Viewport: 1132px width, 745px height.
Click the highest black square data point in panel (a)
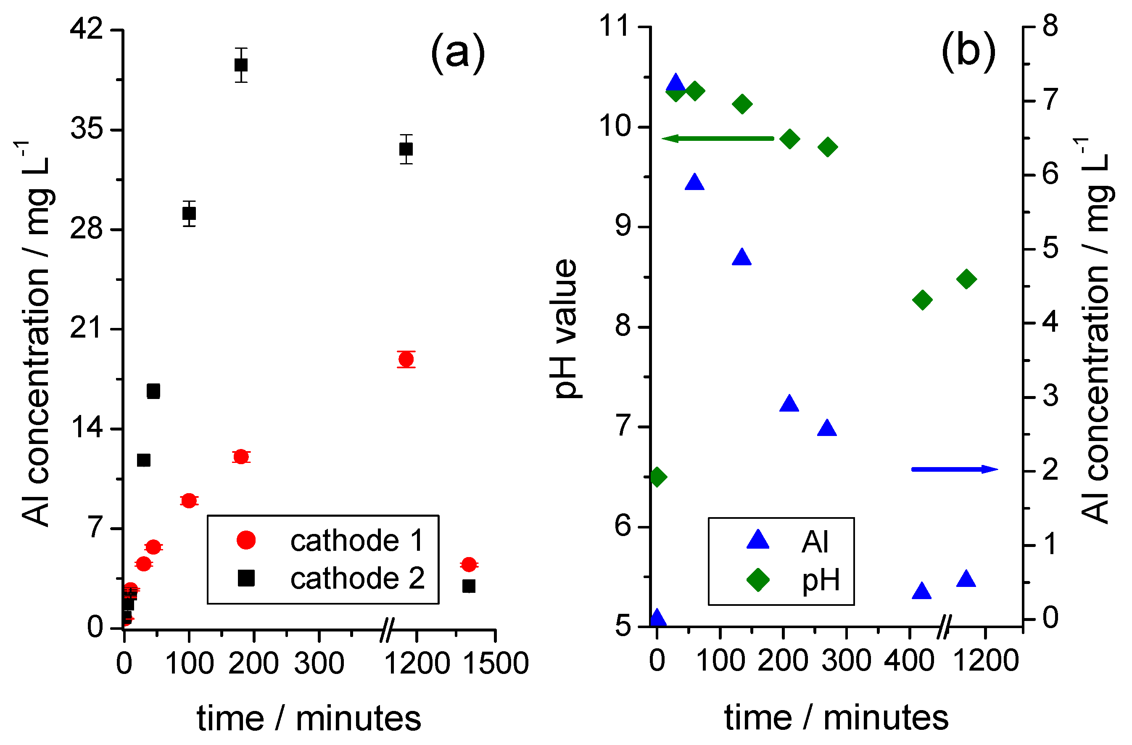[x=241, y=65]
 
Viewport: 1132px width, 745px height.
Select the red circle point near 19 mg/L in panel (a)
[x=406, y=359]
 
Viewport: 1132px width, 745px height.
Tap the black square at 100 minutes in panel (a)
[x=189, y=214]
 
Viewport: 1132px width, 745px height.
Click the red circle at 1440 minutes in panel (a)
[x=469, y=565]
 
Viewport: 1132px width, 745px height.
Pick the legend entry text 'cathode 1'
[x=357, y=541]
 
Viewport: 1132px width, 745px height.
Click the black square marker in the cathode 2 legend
[x=246, y=579]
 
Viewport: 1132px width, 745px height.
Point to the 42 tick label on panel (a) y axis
[x=87, y=29]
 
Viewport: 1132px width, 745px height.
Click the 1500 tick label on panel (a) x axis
[x=496, y=663]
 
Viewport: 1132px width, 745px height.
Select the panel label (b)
[x=968, y=51]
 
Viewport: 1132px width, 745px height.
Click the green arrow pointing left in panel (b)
[x=717, y=138]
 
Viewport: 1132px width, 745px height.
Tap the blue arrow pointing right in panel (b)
[x=954, y=470]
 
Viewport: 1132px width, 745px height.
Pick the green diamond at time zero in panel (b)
[x=657, y=476]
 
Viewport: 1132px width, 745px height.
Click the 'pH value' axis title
[x=566, y=328]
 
